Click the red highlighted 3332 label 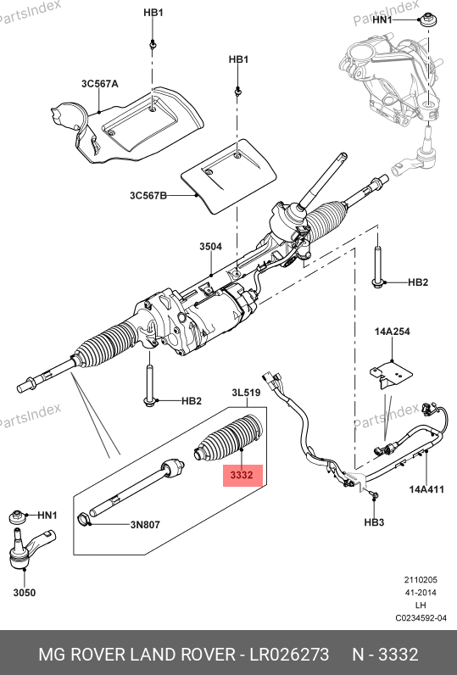point(242,475)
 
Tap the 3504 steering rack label point(210,247)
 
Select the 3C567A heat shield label point(100,83)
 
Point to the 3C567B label point(148,195)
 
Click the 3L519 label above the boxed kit point(246,393)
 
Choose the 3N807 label point(145,524)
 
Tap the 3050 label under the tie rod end point(25,593)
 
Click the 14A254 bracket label point(392,332)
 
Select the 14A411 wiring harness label point(426,489)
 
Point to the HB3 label point(374,522)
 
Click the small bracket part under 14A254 point(390,377)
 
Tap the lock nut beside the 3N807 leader point(84,519)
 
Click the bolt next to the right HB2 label point(377,265)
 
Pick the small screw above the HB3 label point(374,495)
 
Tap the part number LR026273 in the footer point(290,655)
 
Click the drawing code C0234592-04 point(421,618)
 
